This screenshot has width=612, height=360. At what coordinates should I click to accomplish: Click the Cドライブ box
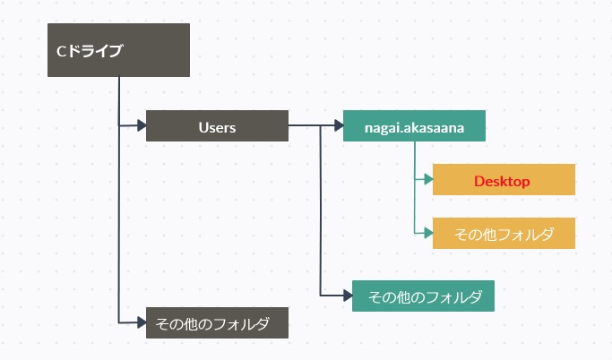click(118, 50)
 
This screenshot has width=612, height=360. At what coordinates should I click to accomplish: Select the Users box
click(217, 125)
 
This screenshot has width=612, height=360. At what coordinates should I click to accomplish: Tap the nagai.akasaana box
click(414, 125)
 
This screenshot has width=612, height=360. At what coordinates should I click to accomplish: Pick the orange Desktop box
click(504, 179)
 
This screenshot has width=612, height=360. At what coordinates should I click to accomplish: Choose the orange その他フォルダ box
click(504, 233)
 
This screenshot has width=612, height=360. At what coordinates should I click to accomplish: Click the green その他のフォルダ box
click(423, 296)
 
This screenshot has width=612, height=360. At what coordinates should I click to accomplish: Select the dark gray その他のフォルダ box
click(217, 322)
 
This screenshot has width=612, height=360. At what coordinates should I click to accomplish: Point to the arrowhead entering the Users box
click(142, 125)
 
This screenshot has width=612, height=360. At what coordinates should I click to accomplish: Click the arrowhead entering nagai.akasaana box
click(339, 125)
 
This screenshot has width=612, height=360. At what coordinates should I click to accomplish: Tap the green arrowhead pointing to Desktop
click(428, 179)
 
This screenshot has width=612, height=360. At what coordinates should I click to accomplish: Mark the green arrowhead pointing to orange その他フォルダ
click(428, 233)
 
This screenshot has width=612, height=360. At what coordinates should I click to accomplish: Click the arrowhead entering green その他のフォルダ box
click(348, 296)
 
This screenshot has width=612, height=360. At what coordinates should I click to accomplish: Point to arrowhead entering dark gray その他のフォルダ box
click(142, 322)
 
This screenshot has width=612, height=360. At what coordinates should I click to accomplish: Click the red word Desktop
click(502, 182)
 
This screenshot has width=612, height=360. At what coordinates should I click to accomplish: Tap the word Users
click(217, 127)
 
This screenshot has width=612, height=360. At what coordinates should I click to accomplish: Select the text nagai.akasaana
click(414, 128)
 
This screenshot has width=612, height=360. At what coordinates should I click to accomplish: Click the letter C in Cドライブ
click(61, 51)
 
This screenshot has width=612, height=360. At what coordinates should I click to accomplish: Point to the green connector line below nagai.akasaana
click(415, 187)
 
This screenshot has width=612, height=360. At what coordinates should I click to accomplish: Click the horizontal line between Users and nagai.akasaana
click(312, 125)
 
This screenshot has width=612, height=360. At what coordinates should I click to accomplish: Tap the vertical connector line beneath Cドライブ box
click(119, 200)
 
